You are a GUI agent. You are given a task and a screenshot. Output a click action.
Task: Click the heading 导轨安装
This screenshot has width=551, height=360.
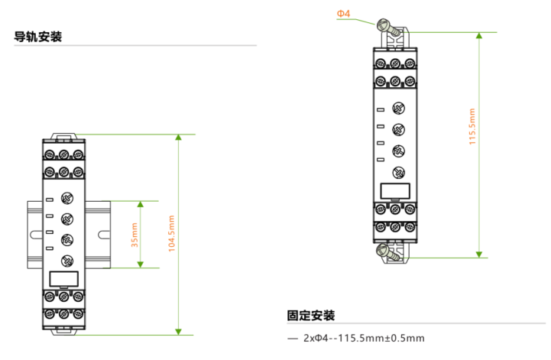[38, 37]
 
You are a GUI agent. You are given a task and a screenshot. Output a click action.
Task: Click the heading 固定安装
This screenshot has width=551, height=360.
[311, 316]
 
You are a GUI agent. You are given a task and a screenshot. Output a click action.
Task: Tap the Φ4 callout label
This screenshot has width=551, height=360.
[343, 14]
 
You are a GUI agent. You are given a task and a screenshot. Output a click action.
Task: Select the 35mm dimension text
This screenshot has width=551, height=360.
[135, 235]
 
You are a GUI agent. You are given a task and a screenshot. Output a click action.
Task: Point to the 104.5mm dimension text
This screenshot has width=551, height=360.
[171, 234]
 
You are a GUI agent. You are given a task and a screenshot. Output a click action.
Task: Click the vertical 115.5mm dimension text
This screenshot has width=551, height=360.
[472, 127]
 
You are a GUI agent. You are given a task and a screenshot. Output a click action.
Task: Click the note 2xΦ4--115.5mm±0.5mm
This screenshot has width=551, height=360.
[364, 338]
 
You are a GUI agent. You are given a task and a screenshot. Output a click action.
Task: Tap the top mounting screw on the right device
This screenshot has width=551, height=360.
[388, 28]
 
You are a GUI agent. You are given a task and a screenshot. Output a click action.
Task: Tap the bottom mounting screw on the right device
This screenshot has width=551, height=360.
[388, 253]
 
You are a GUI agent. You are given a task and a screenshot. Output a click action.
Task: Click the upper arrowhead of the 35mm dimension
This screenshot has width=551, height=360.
[141, 204]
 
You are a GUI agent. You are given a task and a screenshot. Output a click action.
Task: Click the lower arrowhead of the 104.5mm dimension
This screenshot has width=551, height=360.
[179, 332]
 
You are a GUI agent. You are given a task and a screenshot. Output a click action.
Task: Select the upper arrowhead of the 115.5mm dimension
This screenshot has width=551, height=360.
[479, 35]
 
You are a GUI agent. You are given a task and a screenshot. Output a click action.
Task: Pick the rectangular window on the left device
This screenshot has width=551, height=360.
[63, 279]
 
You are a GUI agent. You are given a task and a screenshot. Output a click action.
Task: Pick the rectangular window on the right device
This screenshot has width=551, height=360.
[395, 191]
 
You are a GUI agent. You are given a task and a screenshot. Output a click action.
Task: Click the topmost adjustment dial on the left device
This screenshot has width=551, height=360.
[67, 198]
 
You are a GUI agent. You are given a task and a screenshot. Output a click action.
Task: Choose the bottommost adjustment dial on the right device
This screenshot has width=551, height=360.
[398, 172]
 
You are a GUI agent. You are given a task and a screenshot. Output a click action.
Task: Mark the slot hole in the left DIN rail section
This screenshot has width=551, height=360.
[35, 235]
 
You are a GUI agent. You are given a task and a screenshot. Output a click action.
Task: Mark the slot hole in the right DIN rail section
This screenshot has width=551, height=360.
[104, 235]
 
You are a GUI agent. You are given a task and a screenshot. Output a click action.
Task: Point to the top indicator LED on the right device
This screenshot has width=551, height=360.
[381, 110]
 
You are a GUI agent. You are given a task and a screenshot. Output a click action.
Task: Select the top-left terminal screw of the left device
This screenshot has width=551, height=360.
[50, 154]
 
